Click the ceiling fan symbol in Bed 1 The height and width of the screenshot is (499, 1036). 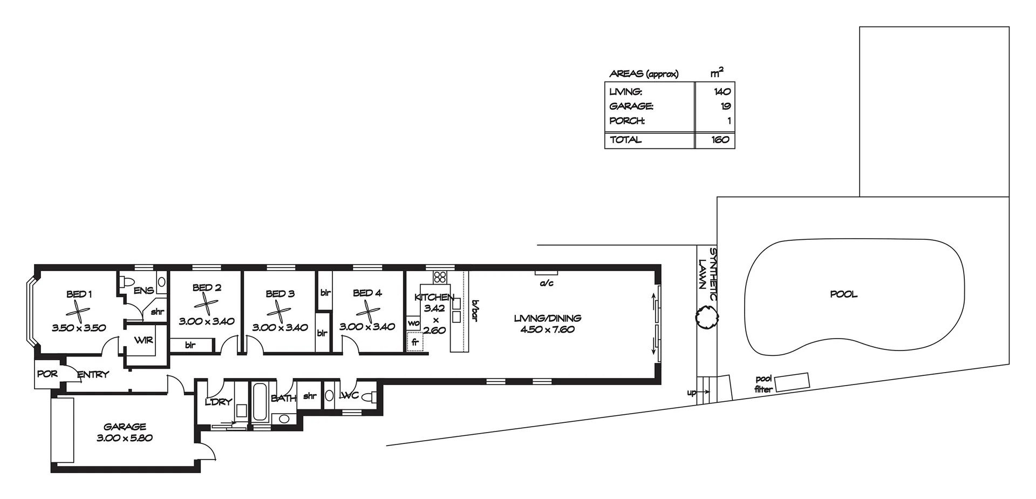click(x=79, y=311)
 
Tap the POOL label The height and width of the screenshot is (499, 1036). click(x=844, y=294)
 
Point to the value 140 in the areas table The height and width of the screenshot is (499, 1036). click(x=722, y=92)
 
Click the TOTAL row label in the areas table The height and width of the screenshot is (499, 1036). click(x=626, y=139)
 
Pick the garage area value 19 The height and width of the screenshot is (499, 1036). click(x=726, y=106)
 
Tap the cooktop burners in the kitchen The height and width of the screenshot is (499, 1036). click(x=440, y=277)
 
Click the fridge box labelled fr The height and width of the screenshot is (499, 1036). click(x=415, y=342)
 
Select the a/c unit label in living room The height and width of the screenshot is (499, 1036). click(x=547, y=283)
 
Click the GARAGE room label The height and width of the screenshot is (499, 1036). click(x=125, y=427)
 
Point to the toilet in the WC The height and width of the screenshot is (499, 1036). click(x=369, y=397)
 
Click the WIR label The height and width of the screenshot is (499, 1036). click(x=144, y=340)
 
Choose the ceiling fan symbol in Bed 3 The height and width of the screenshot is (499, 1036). click(x=278, y=312)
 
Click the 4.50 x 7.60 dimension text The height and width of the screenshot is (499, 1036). click(x=547, y=329)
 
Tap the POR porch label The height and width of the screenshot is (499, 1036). click(x=47, y=374)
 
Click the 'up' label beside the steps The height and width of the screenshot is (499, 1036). click(x=691, y=393)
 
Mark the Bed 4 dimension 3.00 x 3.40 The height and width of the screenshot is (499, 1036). click(x=367, y=327)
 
